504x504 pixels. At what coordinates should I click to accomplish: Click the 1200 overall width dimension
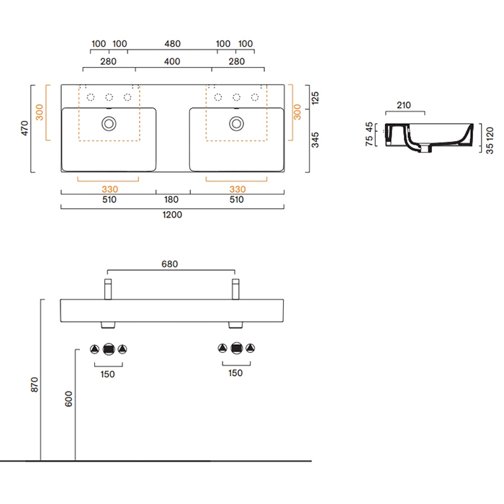tap(172, 215)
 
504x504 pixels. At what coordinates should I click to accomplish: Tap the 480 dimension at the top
tap(173, 44)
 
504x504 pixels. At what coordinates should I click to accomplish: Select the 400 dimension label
tap(172, 61)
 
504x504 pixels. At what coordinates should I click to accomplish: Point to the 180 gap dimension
tap(171, 199)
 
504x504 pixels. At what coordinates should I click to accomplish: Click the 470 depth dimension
tap(24, 128)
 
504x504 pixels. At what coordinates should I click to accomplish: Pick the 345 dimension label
tap(315, 140)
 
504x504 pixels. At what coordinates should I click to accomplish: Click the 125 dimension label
tap(315, 98)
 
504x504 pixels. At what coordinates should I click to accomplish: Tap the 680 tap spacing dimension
tap(170, 264)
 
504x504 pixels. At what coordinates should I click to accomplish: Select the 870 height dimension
tap(34, 384)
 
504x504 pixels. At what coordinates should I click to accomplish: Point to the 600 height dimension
tap(68, 399)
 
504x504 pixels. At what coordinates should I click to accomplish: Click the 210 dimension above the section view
tap(404, 105)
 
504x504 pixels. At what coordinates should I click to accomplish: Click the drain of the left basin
tap(109, 124)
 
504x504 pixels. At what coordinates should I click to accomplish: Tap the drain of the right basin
tap(236, 124)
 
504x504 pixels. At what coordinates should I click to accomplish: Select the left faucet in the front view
tap(108, 289)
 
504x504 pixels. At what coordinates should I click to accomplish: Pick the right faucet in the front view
tap(235, 289)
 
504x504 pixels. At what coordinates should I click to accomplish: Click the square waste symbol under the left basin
tap(109, 348)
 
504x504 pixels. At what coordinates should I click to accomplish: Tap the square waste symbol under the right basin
tap(237, 348)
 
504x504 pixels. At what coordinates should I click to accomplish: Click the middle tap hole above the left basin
tap(109, 97)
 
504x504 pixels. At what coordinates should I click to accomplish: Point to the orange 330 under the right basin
tap(238, 189)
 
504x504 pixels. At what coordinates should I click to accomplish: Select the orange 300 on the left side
tap(39, 112)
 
